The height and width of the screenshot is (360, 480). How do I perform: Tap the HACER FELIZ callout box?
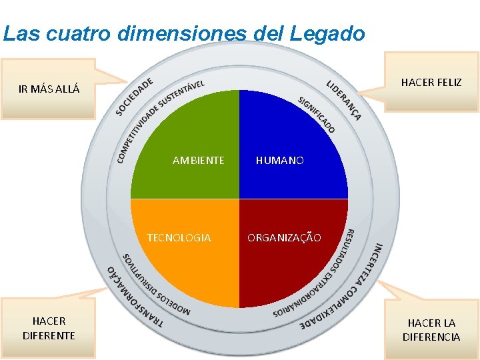click(x=431, y=83)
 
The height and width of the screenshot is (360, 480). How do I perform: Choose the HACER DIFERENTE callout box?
click(x=49, y=328)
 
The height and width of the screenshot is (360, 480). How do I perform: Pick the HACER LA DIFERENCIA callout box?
click(x=431, y=329)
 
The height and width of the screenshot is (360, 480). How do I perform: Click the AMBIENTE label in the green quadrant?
click(x=198, y=161)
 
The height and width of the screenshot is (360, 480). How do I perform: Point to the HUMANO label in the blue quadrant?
click(x=280, y=161)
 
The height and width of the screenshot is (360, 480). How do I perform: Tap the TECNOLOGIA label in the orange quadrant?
click(x=179, y=238)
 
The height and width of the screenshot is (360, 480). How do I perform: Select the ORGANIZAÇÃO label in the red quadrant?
click(x=284, y=238)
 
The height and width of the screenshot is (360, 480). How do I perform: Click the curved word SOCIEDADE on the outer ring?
click(x=134, y=96)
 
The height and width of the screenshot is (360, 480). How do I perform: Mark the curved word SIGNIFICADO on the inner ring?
click(x=317, y=114)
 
